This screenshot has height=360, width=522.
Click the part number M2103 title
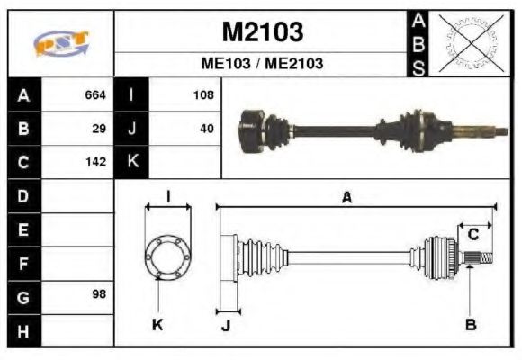pos(262,32)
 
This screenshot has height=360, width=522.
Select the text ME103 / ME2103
pos(262,64)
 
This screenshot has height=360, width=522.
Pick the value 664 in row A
pos(95,94)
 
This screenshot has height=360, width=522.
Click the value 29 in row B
pos(99,129)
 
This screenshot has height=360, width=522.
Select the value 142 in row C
pos(95,163)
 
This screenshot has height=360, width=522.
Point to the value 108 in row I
pos(202,94)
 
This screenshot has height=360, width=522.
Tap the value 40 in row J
pos(206,129)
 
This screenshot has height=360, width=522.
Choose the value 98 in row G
pos(99,295)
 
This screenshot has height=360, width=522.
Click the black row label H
pos(22,329)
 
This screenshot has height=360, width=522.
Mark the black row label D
pos(22,195)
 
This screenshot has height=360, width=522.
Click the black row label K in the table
pos(132,162)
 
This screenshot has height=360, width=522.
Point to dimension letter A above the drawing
pos(346,198)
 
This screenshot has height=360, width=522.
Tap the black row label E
pos(22,229)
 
